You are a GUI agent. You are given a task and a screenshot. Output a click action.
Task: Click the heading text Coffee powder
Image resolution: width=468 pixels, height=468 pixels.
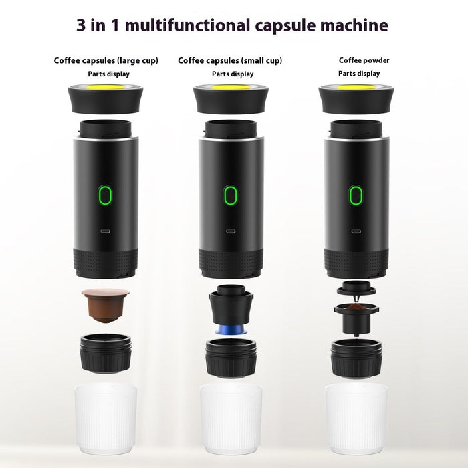pyautogui.click(x=364, y=61)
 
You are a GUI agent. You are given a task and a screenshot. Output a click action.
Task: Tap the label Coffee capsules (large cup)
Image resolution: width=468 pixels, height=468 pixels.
pyautogui.click(x=106, y=61)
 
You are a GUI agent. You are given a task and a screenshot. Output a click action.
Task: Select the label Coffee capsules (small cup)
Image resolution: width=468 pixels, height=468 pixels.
pyautogui.click(x=230, y=61)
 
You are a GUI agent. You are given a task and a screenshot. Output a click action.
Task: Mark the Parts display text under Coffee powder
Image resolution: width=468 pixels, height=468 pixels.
pyautogui.click(x=359, y=74)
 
